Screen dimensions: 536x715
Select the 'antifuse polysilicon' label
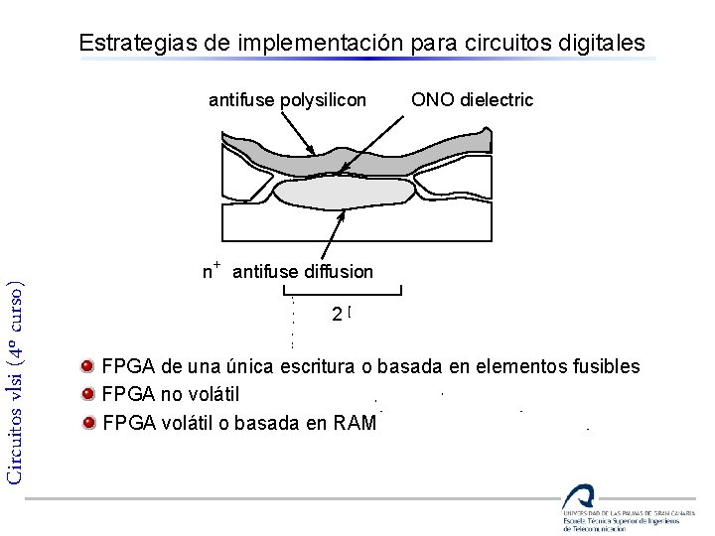point(287,99)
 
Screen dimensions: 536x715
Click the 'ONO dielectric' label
point(472,99)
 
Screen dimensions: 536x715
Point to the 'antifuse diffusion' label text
point(302,271)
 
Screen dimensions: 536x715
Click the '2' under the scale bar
point(339,314)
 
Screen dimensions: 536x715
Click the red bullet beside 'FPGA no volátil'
point(88,394)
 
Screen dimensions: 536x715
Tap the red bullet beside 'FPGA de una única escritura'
point(88,365)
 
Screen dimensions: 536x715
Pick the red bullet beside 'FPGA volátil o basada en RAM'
point(88,422)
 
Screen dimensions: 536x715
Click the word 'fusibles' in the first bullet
point(607,366)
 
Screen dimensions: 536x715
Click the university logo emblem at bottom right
point(578,497)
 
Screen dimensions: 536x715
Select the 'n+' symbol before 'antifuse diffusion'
point(211,270)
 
